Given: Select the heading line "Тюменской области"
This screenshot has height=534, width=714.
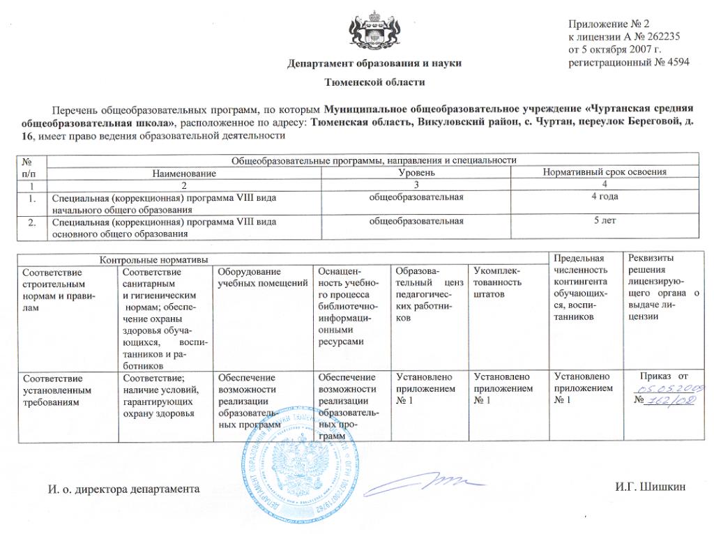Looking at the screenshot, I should pyautogui.click(x=374, y=82).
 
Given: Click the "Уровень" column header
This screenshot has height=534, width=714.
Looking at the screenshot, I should pyautogui.click(x=417, y=172).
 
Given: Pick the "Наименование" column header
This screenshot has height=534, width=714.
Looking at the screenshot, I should pyautogui.click(x=185, y=172).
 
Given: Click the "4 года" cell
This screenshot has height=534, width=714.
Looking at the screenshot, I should pyautogui.click(x=605, y=197).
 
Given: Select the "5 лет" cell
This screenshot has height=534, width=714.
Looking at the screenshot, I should pyautogui.click(x=605, y=221).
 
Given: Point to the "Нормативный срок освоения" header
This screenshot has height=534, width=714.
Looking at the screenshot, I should pyautogui.click(x=605, y=172).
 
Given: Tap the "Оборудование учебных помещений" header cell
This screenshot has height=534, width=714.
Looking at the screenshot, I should pyautogui.click(x=263, y=277).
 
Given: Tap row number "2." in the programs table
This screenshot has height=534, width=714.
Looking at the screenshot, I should pyautogui.click(x=31, y=222).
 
